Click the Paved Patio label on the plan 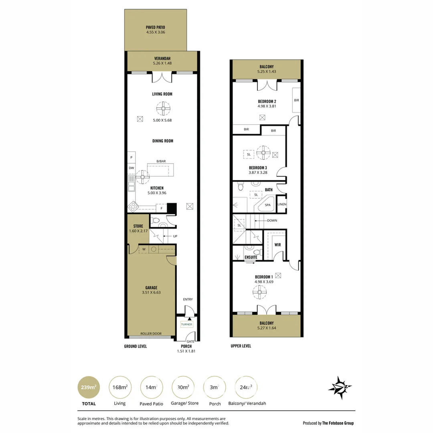click(x=156, y=27)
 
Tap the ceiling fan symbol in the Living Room click(x=163, y=109)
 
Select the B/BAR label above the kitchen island click(x=161, y=161)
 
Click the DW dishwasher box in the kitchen click(x=132, y=168)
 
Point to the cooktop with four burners click(x=133, y=206)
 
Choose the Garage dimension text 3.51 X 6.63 click(x=151, y=292)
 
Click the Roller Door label click(x=151, y=334)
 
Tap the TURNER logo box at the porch click(x=187, y=324)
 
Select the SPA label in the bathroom click(x=267, y=205)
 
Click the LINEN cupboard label click(x=282, y=204)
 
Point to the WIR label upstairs click(x=277, y=245)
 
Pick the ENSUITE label click(x=251, y=257)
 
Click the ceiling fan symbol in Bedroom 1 click(x=259, y=292)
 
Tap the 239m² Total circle click(x=89, y=387)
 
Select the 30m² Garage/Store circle click(x=183, y=387)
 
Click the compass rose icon click(x=340, y=388)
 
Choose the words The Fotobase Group click(x=338, y=423)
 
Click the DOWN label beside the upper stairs click(x=272, y=221)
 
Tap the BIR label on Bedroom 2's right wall click(x=297, y=100)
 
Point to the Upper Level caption click(x=241, y=346)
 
